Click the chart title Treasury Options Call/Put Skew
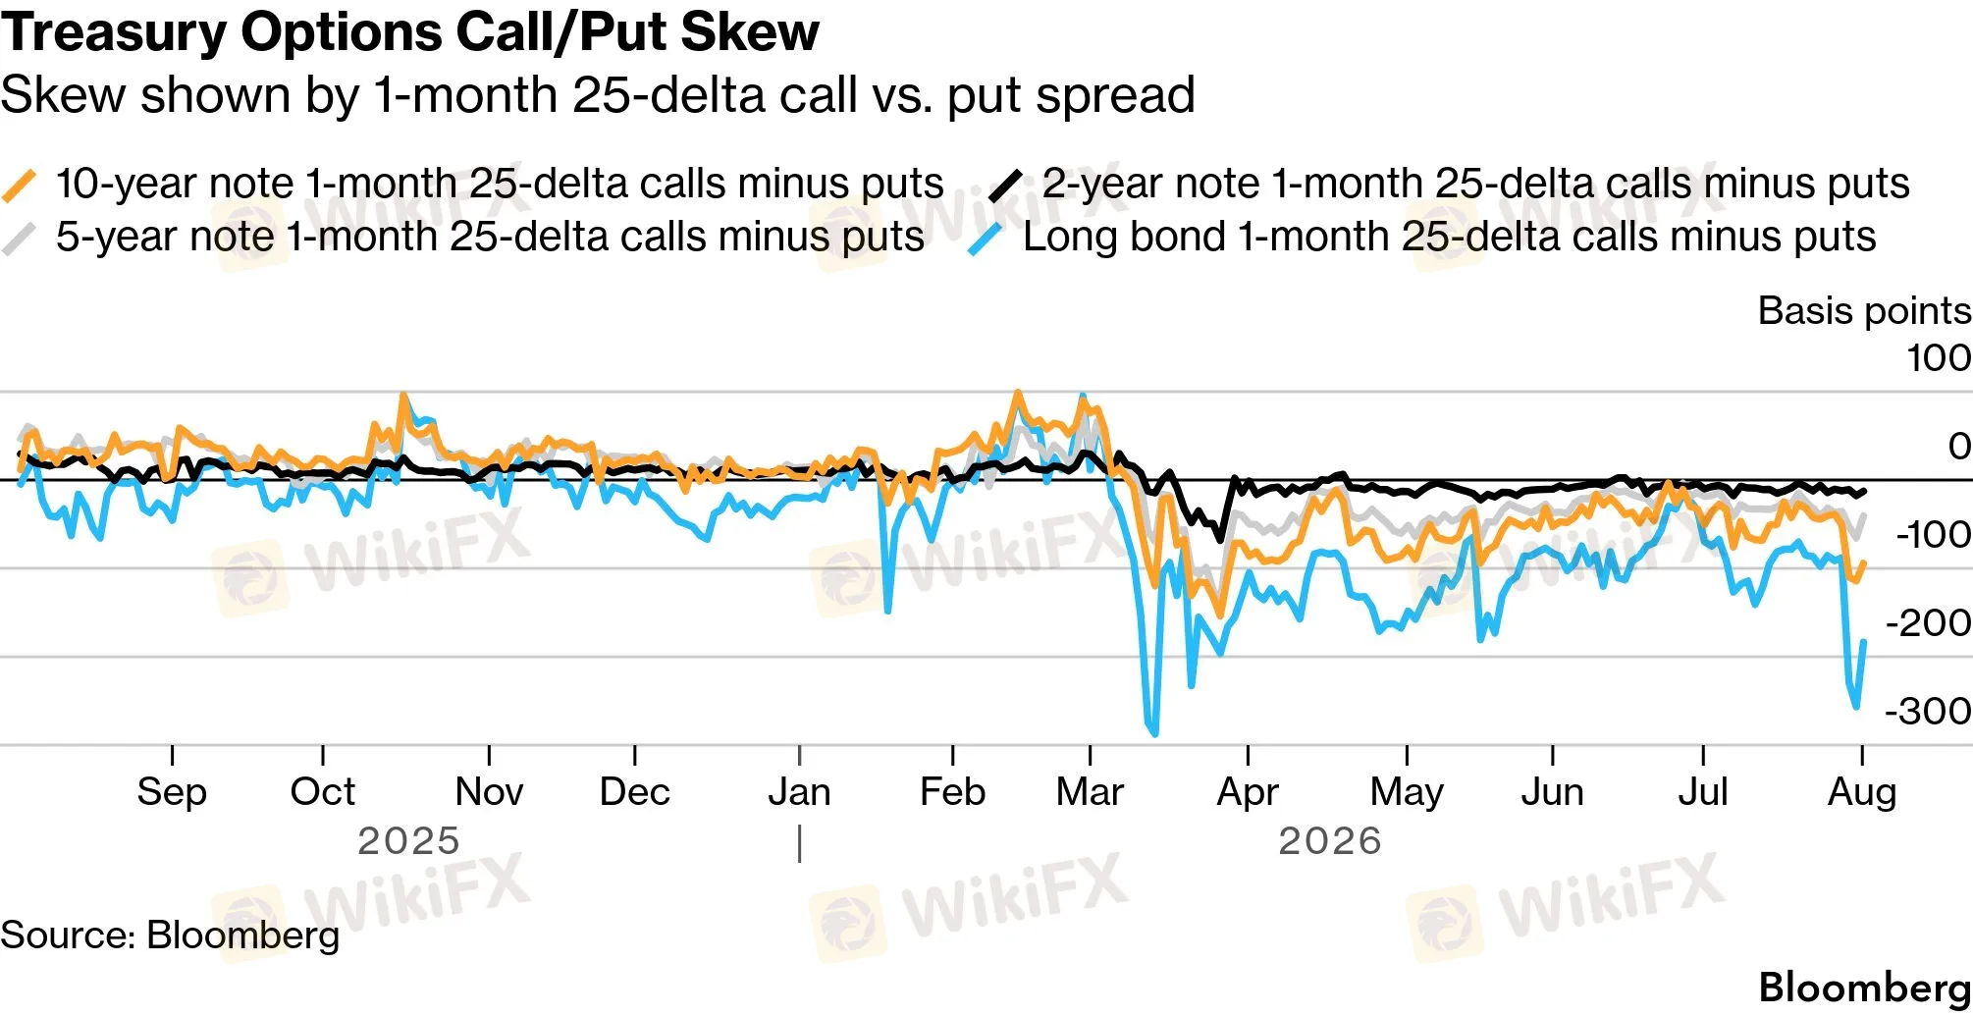[409, 31]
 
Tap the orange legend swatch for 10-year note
[20, 185]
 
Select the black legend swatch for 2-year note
[1005, 185]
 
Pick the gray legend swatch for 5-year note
[20, 239]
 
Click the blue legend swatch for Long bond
[986, 239]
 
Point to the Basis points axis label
[1864, 310]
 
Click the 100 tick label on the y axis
[1939, 357]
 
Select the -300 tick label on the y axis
[1928, 711]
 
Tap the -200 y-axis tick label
[1928, 622]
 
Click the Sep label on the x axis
[172, 791]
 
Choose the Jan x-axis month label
[799, 791]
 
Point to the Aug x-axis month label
[1862, 791]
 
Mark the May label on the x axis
[1407, 791]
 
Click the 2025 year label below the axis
[408, 841]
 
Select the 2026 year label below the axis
[1330, 841]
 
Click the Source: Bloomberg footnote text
[170, 935]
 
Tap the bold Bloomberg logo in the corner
[1865, 988]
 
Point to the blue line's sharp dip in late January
[888, 611]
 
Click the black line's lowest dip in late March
[1220, 539]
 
